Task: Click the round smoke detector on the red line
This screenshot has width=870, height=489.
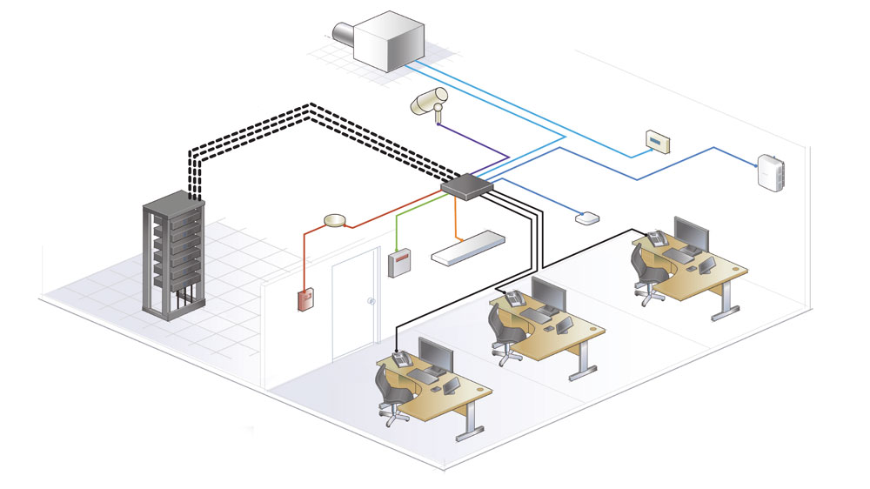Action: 334,220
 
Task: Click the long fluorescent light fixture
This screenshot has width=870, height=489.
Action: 471,246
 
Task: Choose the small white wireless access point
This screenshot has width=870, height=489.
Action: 586,218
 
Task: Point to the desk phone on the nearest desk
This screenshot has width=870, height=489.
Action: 401,358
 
